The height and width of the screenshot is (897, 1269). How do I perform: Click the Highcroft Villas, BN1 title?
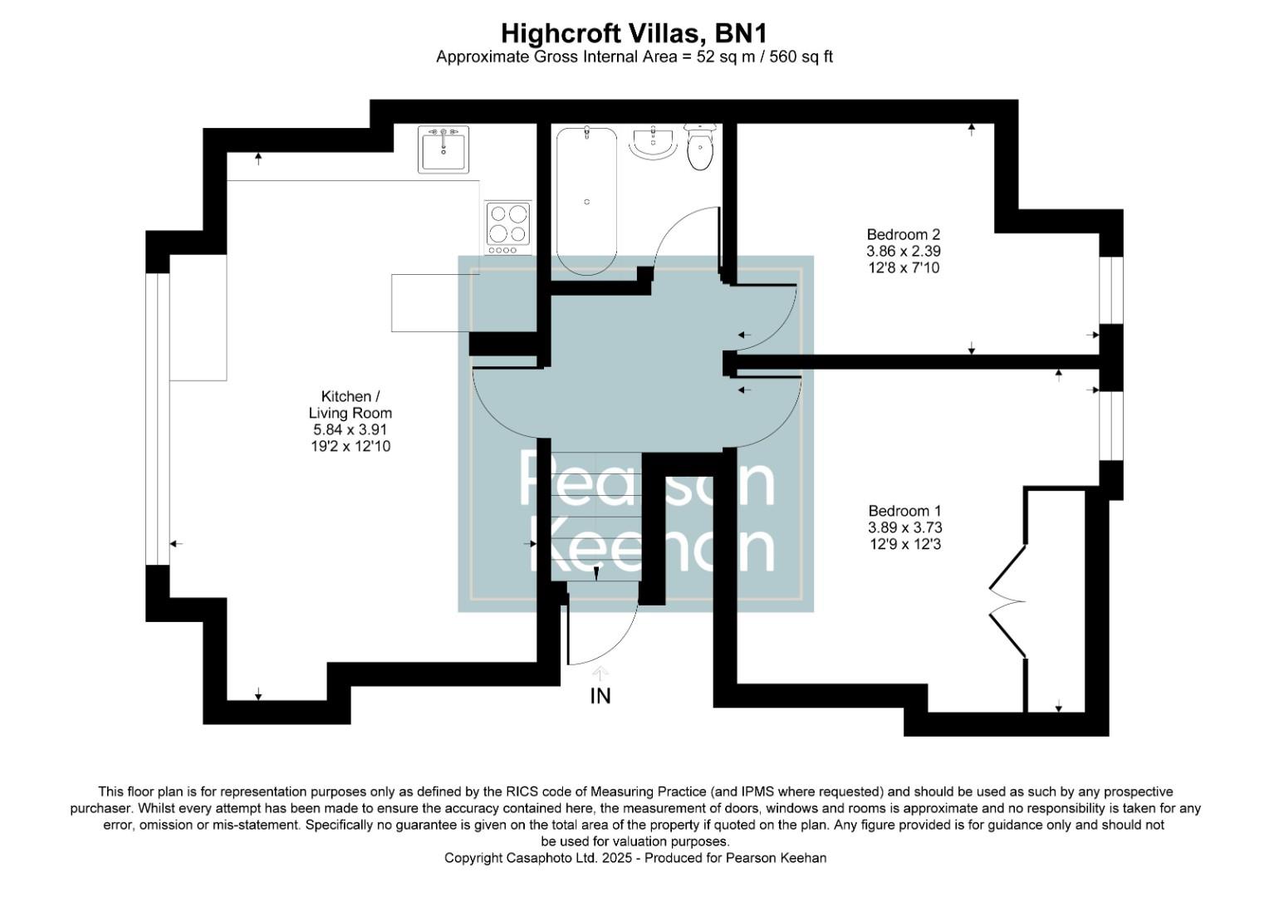pos(634,33)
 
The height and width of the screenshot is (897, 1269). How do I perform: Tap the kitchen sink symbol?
pos(443,149)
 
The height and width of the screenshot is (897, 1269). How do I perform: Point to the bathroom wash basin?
pos(654,143)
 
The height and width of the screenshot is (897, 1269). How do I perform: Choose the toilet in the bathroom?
pos(700,148)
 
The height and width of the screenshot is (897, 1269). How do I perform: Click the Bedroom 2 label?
pos(903,234)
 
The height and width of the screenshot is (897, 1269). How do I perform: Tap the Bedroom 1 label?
pos(904,511)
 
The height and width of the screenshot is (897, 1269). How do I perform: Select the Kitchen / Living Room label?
pos(350,404)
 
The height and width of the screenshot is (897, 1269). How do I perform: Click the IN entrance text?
pos(600,696)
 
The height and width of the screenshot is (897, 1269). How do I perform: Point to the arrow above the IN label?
pos(600,673)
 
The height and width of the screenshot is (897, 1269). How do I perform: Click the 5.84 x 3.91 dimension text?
pos(350,429)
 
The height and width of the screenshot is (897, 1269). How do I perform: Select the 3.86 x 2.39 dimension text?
pos(903,251)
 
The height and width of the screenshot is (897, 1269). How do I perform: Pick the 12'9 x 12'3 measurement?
pos(904,544)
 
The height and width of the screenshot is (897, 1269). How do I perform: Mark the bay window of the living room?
pos(157,419)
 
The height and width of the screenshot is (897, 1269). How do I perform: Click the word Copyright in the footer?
pos(473,858)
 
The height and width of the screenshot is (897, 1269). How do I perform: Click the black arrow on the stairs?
pos(596,573)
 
